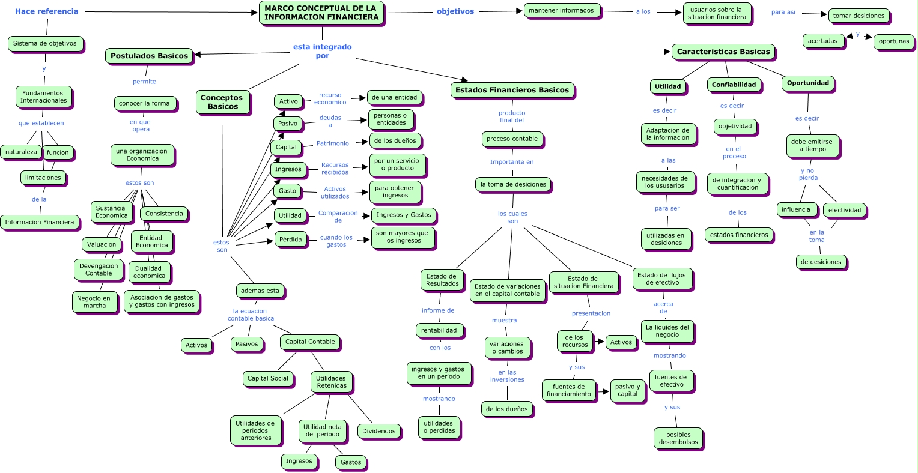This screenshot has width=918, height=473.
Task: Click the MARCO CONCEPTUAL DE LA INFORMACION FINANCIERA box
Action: [x=321, y=13]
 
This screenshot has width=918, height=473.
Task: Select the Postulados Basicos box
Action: [x=149, y=56]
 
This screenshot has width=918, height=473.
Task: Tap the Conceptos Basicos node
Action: [x=222, y=102]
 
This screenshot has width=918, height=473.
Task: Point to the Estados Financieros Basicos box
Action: [x=512, y=90]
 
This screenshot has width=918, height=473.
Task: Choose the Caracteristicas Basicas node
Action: [x=723, y=52]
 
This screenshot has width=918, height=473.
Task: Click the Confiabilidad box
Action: [x=734, y=85]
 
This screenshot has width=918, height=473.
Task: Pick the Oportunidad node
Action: [x=807, y=83]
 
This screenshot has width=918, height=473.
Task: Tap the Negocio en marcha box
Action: [x=94, y=302]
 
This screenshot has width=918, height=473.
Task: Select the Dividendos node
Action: [x=378, y=431]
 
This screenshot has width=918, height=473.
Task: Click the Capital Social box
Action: [x=268, y=378]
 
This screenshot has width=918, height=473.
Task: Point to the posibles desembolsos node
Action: [x=678, y=438]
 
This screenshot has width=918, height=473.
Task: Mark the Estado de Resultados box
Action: [x=442, y=280]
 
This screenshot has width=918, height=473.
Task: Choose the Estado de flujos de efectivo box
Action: [x=662, y=279]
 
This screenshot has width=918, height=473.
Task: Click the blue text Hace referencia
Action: [x=47, y=11]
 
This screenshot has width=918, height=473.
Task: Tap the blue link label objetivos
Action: [x=455, y=11]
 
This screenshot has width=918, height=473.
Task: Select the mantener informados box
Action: [x=561, y=10]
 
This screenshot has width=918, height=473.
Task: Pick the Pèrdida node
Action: [x=290, y=239]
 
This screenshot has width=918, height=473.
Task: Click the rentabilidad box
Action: [x=439, y=330]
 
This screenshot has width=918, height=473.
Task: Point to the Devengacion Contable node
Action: [x=99, y=270]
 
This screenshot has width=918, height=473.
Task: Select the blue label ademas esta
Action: [x=260, y=291]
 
